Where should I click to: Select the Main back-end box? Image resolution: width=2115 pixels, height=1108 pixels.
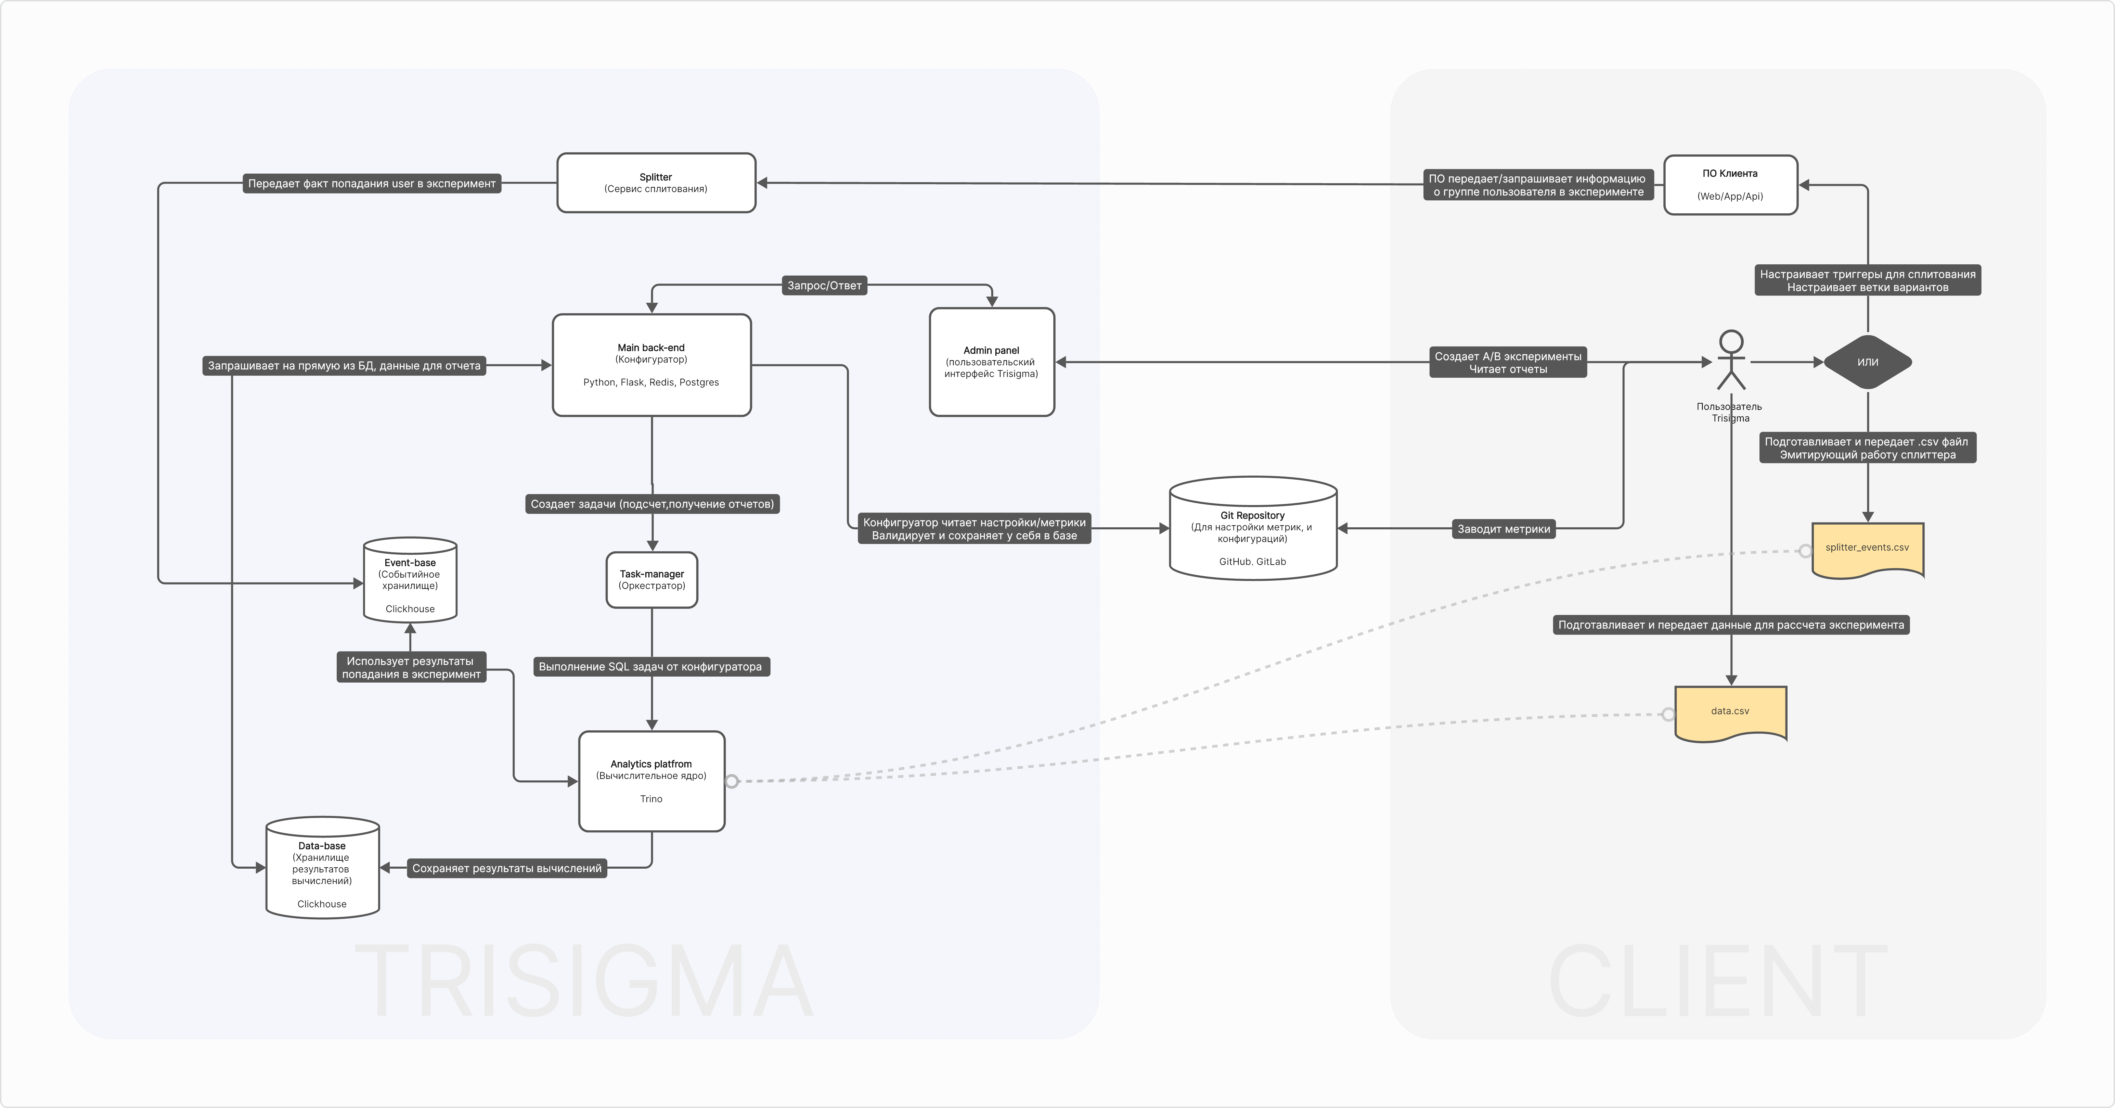point(651,365)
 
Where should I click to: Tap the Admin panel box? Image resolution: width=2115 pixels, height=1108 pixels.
point(992,362)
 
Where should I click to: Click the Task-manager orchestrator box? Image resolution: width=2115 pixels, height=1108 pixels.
point(652,580)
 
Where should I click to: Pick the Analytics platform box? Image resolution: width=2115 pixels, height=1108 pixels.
point(651,781)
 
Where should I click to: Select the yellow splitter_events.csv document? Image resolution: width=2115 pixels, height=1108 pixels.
point(1867,549)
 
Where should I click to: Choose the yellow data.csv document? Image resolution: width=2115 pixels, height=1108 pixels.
point(1730,712)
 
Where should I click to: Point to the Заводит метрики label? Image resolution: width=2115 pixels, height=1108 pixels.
point(1504,529)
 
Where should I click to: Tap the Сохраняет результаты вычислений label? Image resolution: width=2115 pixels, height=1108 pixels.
point(506,868)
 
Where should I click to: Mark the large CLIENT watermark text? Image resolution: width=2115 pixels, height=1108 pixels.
point(1718,982)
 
